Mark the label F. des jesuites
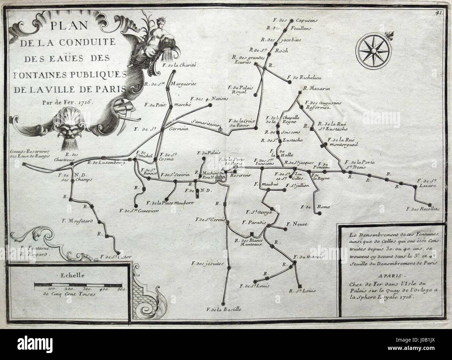pos(208,263)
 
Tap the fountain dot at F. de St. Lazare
pos(415,186)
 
